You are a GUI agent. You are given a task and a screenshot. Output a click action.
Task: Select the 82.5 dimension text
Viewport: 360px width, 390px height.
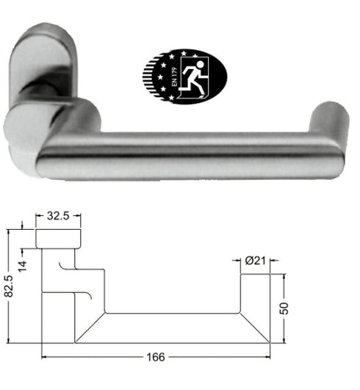[x=10, y=286]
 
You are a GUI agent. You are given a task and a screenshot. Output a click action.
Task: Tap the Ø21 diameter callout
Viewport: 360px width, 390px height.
[x=256, y=261]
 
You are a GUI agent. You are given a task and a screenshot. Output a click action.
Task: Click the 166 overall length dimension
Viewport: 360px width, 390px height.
[x=153, y=358]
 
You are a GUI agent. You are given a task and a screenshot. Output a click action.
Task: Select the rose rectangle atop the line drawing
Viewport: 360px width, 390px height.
[x=57, y=239]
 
